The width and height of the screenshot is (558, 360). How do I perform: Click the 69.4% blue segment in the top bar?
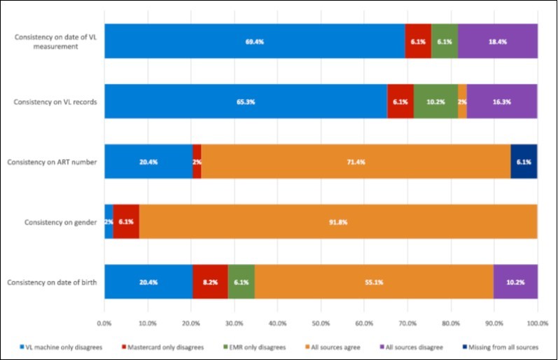click(254, 41)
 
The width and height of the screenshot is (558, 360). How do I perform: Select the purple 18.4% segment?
click(498, 41)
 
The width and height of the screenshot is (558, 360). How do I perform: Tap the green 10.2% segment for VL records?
click(435, 102)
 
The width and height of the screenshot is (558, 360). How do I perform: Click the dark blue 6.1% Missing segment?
click(524, 162)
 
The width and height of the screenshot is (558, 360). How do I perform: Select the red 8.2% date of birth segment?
click(210, 282)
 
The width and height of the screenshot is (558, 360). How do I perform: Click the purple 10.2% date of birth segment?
click(515, 282)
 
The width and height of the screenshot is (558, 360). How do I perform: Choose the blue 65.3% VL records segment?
click(246, 102)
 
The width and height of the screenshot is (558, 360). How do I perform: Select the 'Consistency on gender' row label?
click(60, 222)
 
